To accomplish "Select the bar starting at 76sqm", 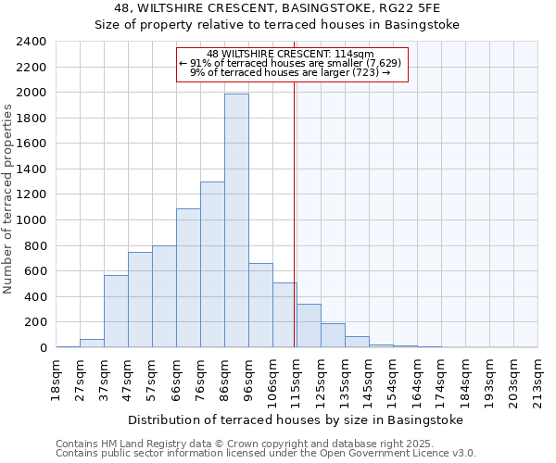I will tap(212, 264).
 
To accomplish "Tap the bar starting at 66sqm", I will tap(188, 278).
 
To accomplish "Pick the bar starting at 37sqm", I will tap(116, 311).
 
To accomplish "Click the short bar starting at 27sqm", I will tap(92, 343).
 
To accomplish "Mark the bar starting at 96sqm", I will tap(260, 306).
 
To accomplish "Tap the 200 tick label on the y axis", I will tap(36, 322).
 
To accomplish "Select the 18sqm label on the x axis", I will tap(55, 378).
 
